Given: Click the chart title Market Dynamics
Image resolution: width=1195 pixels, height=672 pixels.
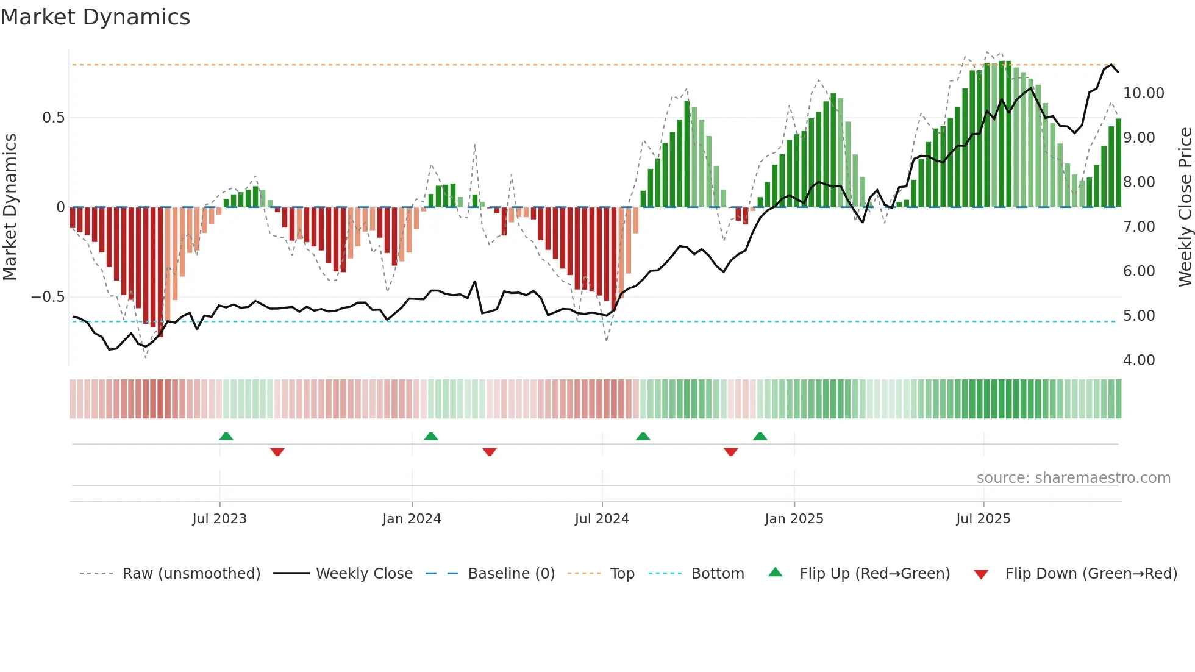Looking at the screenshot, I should coord(95,17).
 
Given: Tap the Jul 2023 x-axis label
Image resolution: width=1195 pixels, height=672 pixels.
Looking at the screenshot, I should coord(219,518).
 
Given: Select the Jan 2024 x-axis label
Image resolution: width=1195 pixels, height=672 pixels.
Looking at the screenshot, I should coord(412,518).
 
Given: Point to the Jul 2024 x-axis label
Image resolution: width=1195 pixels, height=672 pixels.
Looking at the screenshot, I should coord(602,518).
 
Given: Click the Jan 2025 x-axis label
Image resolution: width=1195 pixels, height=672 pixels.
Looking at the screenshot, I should coord(794,518).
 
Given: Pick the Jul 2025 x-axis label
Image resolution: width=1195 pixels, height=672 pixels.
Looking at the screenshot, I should coord(983,518).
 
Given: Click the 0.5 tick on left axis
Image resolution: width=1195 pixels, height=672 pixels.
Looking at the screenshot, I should coord(53,118).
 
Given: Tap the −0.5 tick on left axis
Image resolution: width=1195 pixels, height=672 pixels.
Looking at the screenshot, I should coord(48,297).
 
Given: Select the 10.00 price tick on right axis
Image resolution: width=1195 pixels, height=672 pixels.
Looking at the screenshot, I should coord(1143,93).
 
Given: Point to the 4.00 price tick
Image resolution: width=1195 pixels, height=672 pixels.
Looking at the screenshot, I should coord(1139,360).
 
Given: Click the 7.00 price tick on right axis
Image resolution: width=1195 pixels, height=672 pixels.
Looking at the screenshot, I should coord(1139,227).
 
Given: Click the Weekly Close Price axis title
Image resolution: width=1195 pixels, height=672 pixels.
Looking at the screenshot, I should coord(1185,207).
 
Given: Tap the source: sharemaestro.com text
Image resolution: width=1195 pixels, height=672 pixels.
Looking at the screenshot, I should coord(1073,478).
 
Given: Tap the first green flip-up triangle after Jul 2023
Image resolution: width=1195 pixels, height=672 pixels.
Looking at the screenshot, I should coord(226,436).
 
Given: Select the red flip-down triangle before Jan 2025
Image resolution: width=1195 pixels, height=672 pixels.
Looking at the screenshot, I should coord(731,452).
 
